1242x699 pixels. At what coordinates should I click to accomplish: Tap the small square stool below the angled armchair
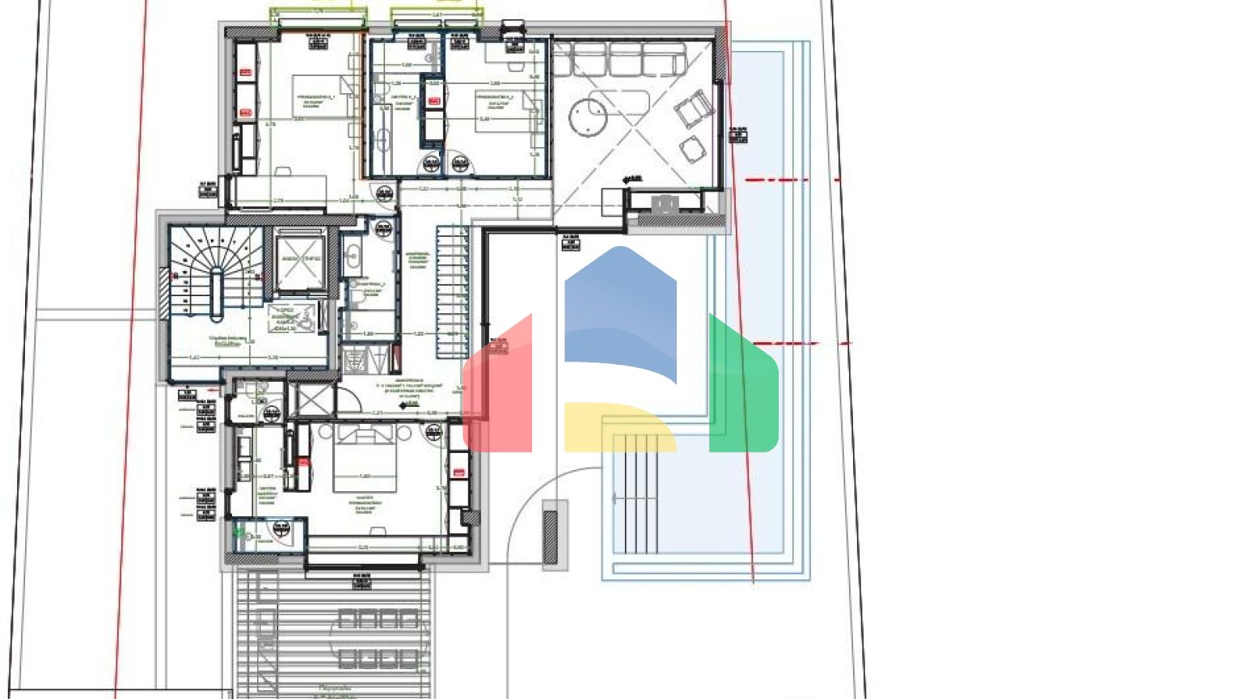coord(692,149)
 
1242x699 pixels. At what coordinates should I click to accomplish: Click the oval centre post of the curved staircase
coord(216,295)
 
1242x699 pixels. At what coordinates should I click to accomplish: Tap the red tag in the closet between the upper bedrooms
coord(434,101)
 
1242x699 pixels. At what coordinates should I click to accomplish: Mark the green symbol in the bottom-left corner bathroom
coord(239,532)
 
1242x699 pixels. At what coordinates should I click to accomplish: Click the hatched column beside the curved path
coord(551,536)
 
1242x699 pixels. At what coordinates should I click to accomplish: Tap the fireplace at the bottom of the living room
coord(665,203)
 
